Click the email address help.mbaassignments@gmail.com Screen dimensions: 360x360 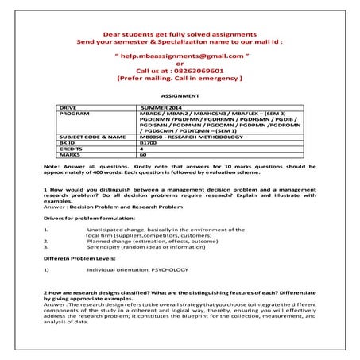coord(180,57)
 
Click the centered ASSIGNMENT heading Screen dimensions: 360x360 coord(180,94)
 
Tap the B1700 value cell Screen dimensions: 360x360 coord(149,143)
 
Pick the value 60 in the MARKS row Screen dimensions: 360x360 coord(143,156)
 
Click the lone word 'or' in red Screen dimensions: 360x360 coord(180,64)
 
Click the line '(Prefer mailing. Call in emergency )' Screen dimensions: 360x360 coord(180,79)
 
